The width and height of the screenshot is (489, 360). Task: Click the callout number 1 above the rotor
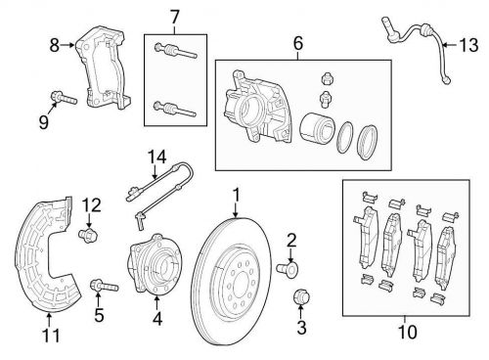pyautogui.click(x=236, y=196)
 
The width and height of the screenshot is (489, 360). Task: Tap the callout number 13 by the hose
pyautogui.click(x=468, y=45)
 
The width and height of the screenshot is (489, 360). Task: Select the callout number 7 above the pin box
pyautogui.click(x=175, y=17)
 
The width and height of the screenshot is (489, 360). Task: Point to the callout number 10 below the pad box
pyautogui.click(x=407, y=332)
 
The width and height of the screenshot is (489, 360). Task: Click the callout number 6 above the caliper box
pyautogui.click(x=298, y=43)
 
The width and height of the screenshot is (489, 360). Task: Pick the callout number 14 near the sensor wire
pyautogui.click(x=157, y=157)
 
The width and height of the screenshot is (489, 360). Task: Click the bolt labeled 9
pyautogui.click(x=64, y=98)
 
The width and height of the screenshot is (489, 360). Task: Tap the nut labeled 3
pyautogui.click(x=301, y=296)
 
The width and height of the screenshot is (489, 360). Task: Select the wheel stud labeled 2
pyautogui.click(x=288, y=269)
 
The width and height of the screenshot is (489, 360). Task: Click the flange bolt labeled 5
pyautogui.click(x=104, y=286)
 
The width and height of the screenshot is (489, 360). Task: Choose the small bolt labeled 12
pyautogui.click(x=88, y=235)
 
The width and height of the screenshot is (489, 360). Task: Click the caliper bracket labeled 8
pyautogui.click(x=104, y=69)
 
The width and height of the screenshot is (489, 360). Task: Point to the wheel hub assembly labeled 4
pyautogui.click(x=156, y=263)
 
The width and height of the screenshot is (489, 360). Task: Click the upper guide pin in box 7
pyautogui.click(x=175, y=51)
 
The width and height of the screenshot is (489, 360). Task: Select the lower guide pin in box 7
pyautogui.click(x=175, y=109)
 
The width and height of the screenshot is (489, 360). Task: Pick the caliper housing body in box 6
pyautogui.click(x=257, y=106)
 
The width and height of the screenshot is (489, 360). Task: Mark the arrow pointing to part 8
pyautogui.click(x=68, y=45)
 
